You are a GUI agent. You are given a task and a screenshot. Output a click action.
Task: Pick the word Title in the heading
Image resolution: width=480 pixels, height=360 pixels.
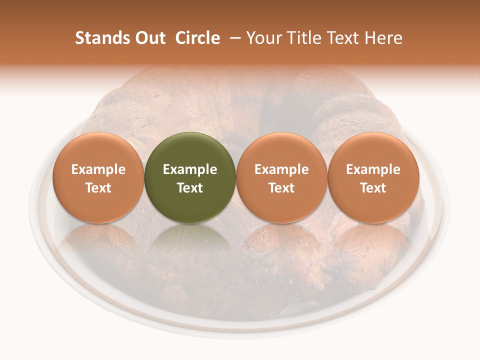pyautogui.click(x=301, y=38)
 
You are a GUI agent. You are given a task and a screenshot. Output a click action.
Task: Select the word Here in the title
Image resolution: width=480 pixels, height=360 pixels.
pyautogui.click(x=382, y=38)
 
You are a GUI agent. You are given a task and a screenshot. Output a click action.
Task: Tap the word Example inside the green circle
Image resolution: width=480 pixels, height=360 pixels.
pyautogui.click(x=190, y=169)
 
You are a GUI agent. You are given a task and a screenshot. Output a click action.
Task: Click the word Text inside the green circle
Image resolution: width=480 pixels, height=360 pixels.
pyautogui.click(x=190, y=188)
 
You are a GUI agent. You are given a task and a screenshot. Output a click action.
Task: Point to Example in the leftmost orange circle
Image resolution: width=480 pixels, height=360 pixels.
pyautogui.click(x=98, y=169)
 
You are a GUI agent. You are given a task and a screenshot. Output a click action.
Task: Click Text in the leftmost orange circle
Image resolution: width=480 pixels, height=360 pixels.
pyautogui.click(x=98, y=188)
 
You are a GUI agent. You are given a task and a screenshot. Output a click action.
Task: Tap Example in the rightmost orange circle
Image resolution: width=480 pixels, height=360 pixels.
pyautogui.click(x=373, y=169)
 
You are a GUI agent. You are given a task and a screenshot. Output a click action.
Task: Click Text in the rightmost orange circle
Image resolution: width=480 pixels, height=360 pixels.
pyautogui.click(x=373, y=188)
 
